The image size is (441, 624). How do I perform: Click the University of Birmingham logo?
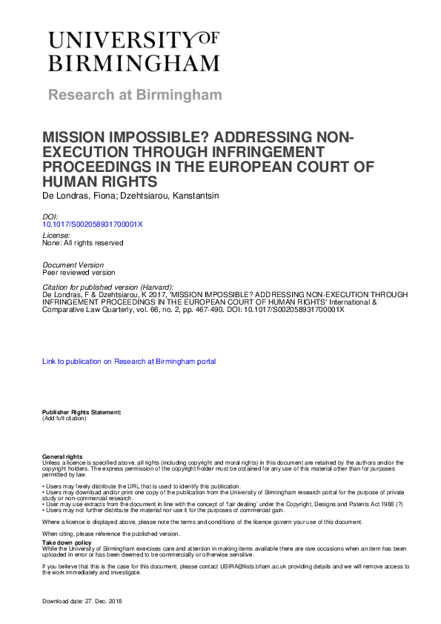click(x=134, y=50)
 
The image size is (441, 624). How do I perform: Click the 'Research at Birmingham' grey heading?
click(x=135, y=95)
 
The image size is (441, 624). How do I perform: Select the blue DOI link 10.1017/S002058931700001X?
click(x=93, y=223)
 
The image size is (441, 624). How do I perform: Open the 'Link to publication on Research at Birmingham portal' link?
click(x=129, y=362)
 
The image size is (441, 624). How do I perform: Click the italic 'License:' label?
click(x=56, y=236)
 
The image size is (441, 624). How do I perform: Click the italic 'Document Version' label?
click(x=73, y=265)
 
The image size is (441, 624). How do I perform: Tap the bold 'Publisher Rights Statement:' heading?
click(x=81, y=412)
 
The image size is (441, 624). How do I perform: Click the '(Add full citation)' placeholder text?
click(x=64, y=419)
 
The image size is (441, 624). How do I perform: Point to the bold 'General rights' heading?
click(x=62, y=457)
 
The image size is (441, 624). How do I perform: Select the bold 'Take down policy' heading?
click(x=66, y=543)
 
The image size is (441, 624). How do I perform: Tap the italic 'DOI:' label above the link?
click(x=50, y=216)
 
